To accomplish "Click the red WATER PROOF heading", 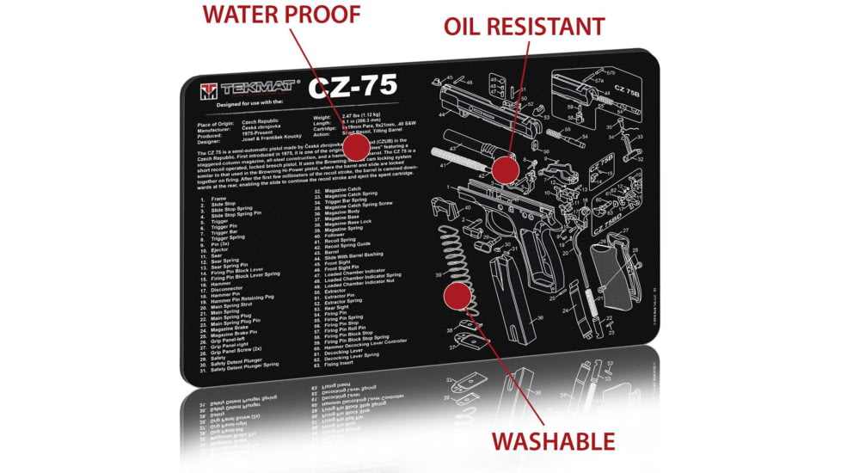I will [280, 15].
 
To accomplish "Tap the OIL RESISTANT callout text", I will [523, 27].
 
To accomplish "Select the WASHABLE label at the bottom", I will [552, 442].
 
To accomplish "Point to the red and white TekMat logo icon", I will [207, 89].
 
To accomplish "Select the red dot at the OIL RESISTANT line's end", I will [506, 169].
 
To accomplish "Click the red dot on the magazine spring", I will [457, 297].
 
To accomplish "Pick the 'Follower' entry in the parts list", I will [334, 235].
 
